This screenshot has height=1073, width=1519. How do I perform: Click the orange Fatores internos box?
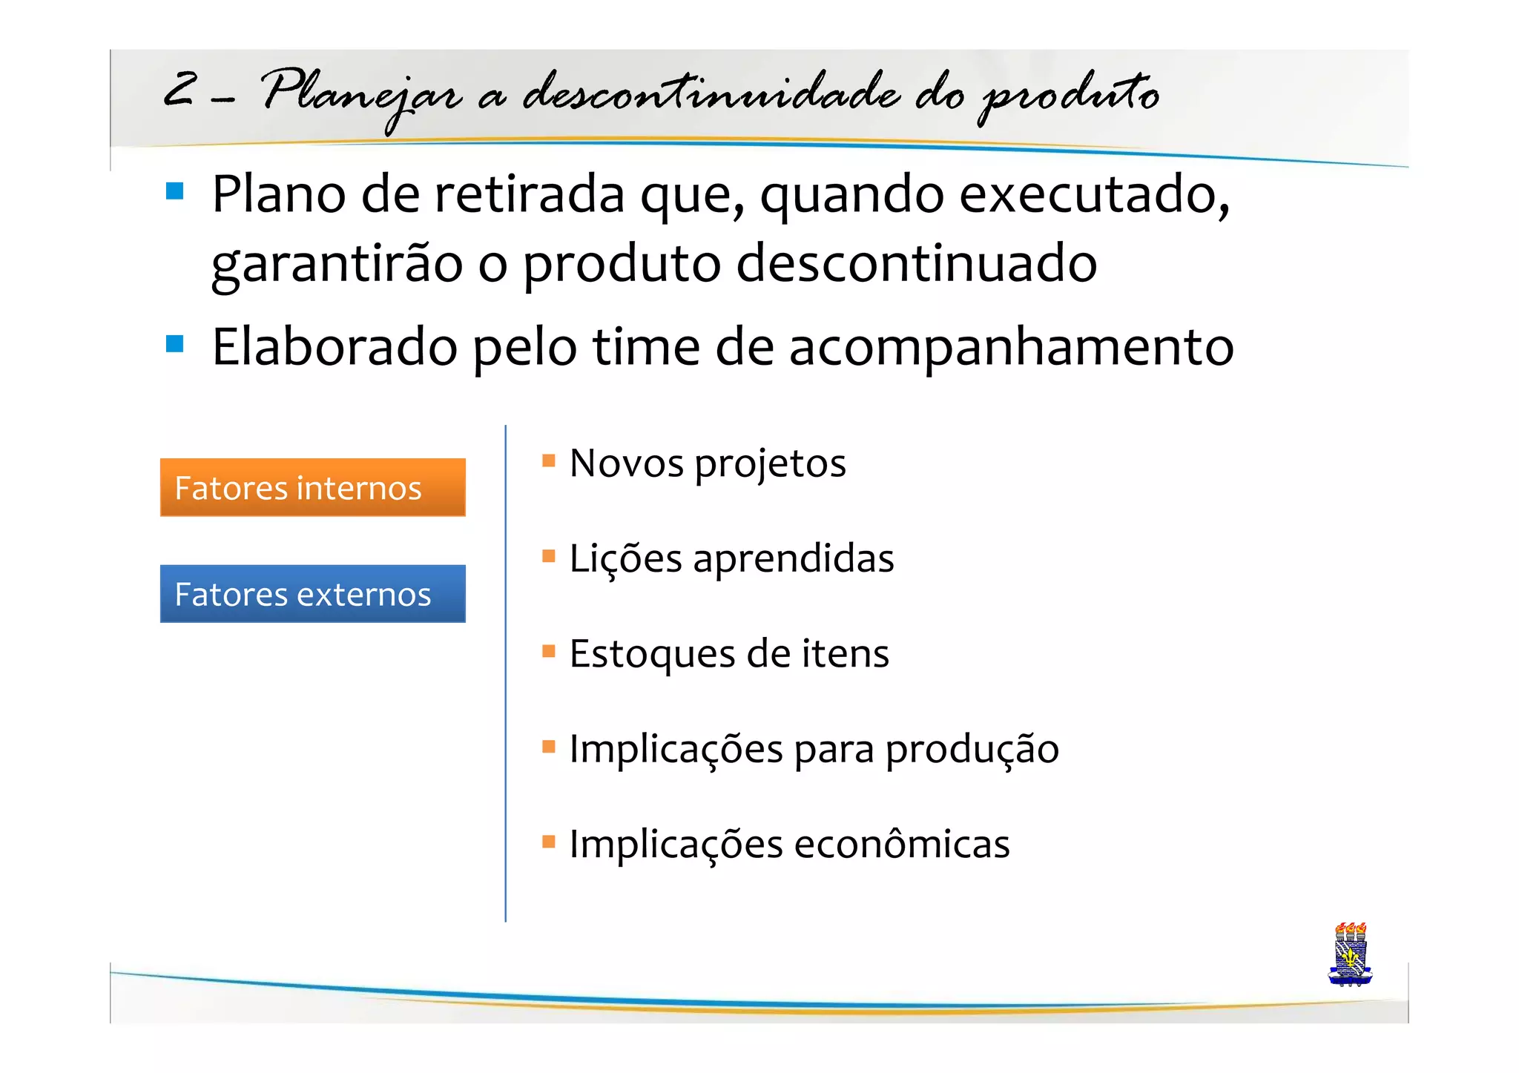point(312,487)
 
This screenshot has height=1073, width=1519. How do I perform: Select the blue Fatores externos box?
point(312,593)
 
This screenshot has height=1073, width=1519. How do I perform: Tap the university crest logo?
point(1350,954)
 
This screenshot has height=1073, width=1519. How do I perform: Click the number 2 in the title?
point(180,90)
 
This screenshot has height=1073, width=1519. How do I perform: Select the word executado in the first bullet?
point(1094,194)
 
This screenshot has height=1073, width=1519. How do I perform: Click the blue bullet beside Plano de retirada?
point(175,191)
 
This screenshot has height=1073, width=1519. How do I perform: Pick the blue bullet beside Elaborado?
point(175,344)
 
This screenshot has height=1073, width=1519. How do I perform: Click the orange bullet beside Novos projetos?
point(549,460)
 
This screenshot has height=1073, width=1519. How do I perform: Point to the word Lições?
point(625,559)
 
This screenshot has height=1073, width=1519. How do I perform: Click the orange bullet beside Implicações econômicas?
point(549,841)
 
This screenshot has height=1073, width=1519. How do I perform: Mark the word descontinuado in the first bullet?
point(916,263)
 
